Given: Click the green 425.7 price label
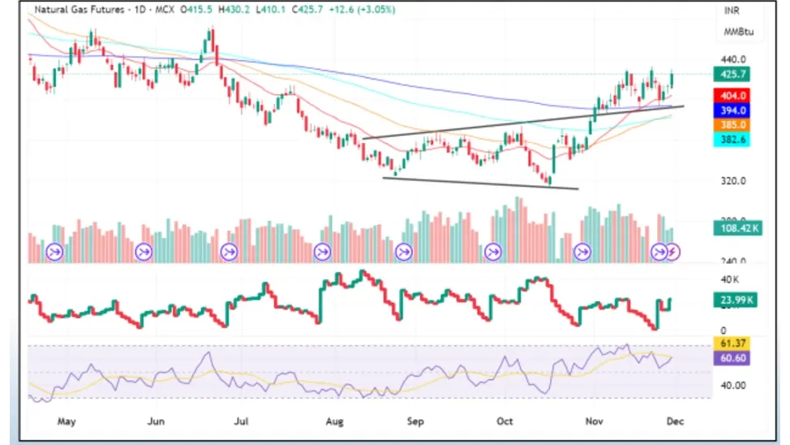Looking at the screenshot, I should point(732,74).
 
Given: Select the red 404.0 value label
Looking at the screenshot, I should point(732,96).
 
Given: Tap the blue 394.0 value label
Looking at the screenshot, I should point(732,110).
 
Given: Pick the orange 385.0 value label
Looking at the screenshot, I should point(732,125).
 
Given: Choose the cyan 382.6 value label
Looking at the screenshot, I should point(732,140).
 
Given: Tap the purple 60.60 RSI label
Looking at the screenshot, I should point(732,358).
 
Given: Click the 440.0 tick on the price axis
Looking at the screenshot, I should point(732,59).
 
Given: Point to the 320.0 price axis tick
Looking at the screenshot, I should point(732,181).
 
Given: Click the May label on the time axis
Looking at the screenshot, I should point(67,421).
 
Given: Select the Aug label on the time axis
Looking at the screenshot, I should point(333,421).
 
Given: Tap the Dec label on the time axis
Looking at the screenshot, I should point(673,421).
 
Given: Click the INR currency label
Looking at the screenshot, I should point(732,11).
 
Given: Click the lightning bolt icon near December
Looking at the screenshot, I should point(673,252).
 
